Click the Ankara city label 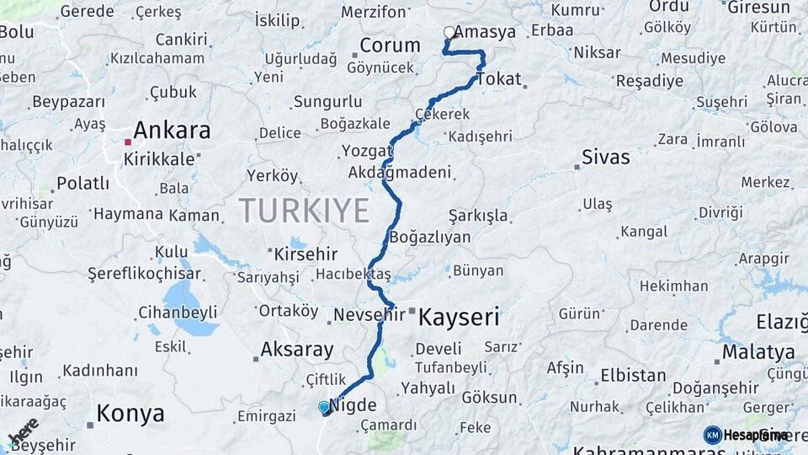click(172, 131)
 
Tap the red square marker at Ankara click(127, 142)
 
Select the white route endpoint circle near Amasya click(449, 33)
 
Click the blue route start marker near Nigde click(324, 407)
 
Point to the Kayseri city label click(459, 318)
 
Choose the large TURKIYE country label click(304, 210)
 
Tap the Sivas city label click(606, 157)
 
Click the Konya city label click(130, 413)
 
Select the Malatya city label click(758, 351)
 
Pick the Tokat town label click(498, 80)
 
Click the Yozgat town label click(367, 152)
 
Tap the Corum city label click(390, 45)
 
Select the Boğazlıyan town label click(429, 238)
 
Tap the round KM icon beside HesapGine click(713, 435)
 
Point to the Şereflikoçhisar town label click(145, 274)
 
